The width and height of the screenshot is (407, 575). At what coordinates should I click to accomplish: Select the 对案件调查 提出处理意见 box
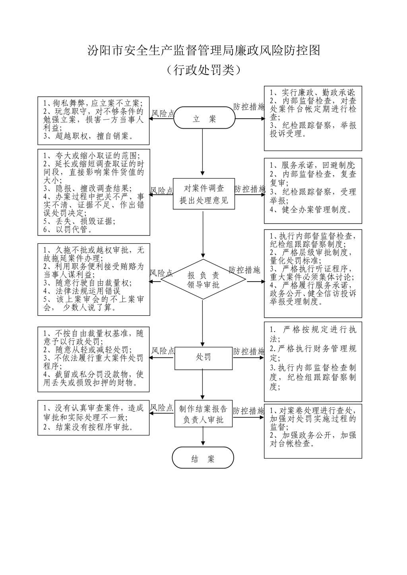pos(203,194)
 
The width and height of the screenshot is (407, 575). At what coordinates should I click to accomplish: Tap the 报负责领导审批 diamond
pos(203,280)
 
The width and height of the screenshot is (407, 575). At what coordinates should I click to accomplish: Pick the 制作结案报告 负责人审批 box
pos(203,414)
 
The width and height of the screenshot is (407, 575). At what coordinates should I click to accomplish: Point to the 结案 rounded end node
pos(203,459)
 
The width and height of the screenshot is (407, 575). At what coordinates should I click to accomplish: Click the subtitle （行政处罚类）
pos(203,70)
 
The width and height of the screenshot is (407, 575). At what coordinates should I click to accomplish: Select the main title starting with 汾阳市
pos(203,50)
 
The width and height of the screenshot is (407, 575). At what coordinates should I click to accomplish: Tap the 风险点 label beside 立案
pos(163,114)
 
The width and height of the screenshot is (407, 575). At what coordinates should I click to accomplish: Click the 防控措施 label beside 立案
pos(249,107)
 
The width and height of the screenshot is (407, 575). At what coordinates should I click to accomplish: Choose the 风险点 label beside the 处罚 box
pos(163,351)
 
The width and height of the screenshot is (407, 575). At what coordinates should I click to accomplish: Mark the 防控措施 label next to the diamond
pos(244,270)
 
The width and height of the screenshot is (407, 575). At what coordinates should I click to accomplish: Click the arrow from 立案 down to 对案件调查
pos(203,153)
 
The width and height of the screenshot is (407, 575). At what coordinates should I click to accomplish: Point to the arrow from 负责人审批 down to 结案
pos(203,436)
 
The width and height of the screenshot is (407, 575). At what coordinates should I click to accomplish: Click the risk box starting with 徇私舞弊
pos(93,120)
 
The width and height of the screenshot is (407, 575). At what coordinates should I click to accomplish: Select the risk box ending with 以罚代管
pos(93,192)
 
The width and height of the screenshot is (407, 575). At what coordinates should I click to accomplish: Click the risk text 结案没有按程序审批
pos(88,427)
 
